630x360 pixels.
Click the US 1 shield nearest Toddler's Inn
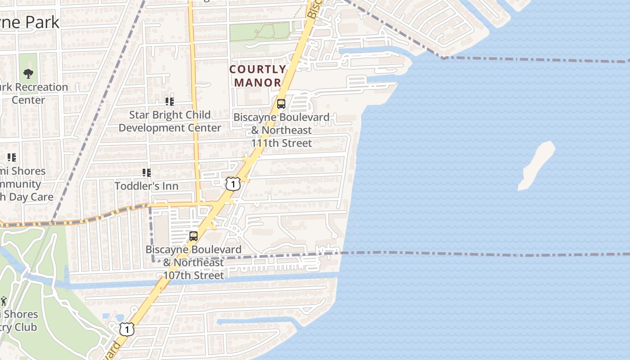tap(233, 184)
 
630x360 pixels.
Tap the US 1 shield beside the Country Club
tap(127, 329)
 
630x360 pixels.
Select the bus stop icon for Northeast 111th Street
tap(281, 104)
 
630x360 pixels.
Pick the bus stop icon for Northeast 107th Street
tap(193, 236)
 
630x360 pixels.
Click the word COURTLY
tap(258, 69)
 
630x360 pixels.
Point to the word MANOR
tap(258, 82)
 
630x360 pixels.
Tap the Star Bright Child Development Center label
tap(170, 121)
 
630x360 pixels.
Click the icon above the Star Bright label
tap(169, 102)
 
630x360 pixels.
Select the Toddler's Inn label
tap(146, 186)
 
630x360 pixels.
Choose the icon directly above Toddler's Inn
tap(146, 173)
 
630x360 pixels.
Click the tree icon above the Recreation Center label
tap(28, 73)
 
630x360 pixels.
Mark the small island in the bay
tap(536, 165)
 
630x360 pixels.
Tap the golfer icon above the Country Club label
tap(4, 301)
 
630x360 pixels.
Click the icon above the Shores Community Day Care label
tap(11, 157)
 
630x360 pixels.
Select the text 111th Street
tap(282, 143)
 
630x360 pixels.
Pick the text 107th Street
tap(193, 275)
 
